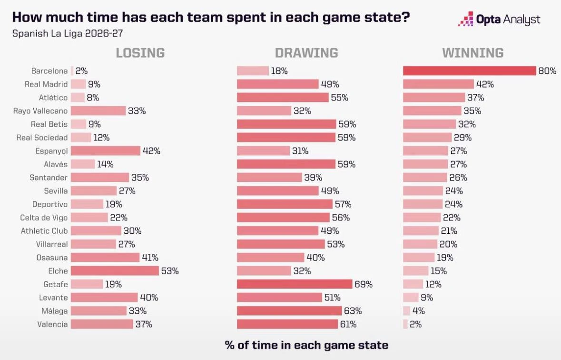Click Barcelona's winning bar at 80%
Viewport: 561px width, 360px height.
[x=470, y=71]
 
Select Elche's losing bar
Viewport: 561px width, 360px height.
[x=115, y=271]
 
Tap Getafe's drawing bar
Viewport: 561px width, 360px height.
[x=295, y=284]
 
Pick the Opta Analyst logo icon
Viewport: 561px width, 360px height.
[x=465, y=19]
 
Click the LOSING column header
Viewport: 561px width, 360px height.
[x=140, y=53]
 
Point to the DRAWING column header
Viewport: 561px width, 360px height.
[x=306, y=53]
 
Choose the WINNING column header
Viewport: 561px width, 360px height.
[x=472, y=53]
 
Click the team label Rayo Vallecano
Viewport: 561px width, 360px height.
[x=40, y=111]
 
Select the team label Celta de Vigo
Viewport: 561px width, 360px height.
[x=44, y=218]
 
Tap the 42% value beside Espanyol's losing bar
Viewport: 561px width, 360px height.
[x=151, y=151]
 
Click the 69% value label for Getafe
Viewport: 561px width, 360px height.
[x=364, y=284]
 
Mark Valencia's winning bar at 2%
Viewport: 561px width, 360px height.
[x=405, y=324]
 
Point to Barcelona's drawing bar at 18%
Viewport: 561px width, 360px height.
[x=253, y=71]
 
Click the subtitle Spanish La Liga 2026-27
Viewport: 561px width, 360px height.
[x=68, y=34]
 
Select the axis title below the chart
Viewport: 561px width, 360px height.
[x=306, y=345]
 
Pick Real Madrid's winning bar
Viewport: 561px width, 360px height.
[x=438, y=84]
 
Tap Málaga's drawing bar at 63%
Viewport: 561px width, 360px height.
[x=289, y=311]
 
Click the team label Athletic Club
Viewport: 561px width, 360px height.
[x=44, y=231]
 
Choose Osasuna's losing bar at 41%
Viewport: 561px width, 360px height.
[x=105, y=258]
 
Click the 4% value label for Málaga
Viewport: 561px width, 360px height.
[x=418, y=311]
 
